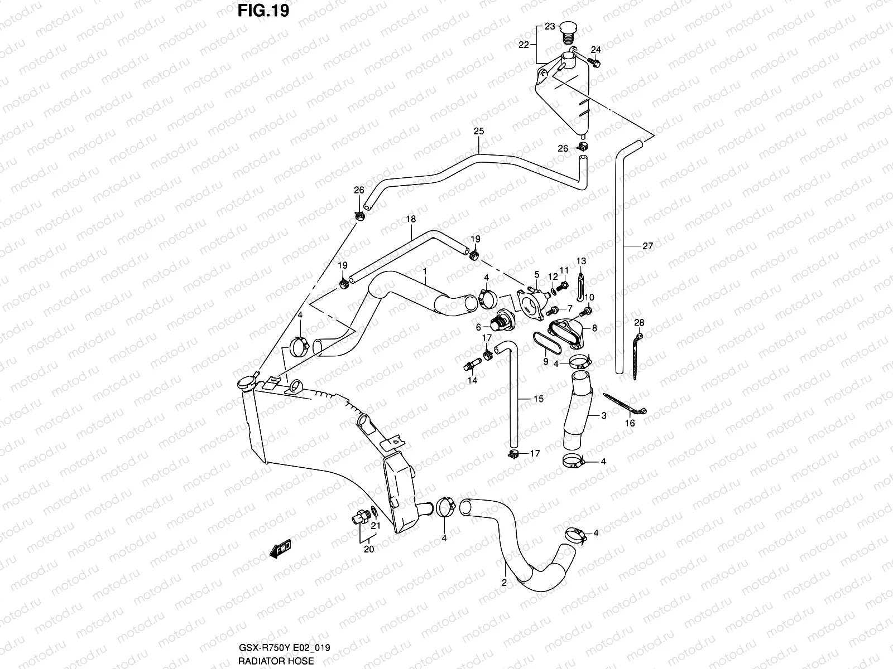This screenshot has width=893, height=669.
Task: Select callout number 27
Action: pyautogui.click(x=647, y=246)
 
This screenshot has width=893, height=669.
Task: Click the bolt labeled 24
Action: pyautogui.click(x=594, y=62)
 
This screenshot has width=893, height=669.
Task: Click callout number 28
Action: pyautogui.click(x=639, y=323)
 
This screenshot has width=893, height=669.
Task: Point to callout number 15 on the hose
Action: pyautogui.click(x=539, y=399)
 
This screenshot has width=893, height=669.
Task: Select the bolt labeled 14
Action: pyautogui.click(x=469, y=366)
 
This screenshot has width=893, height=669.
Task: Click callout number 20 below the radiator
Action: pyautogui.click(x=369, y=549)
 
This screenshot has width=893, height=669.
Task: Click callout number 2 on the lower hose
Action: pyautogui.click(x=504, y=583)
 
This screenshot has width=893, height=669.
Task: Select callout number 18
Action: pyautogui.click(x=411, y=220)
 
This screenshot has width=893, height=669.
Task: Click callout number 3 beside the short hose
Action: pyautogui.click(x=603, y=416)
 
